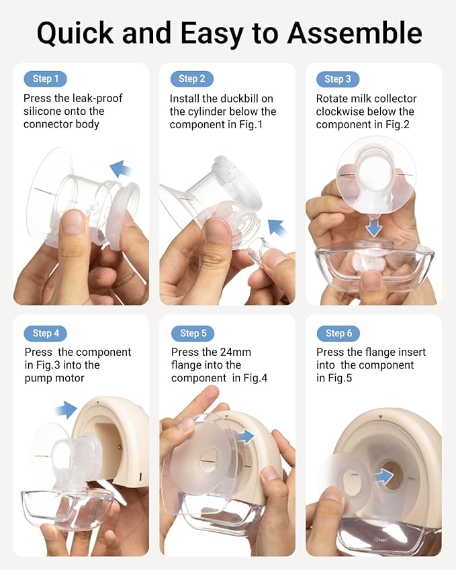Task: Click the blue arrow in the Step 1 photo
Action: pos(122,169)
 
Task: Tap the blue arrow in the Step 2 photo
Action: pos(277,228)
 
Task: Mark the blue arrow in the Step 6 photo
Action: pos(383,477)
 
